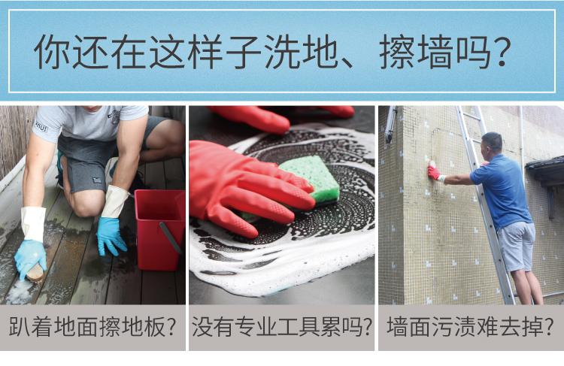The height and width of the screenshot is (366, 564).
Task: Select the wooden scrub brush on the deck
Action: (x=35, y=274)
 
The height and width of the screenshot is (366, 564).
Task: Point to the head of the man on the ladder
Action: (x=493, y=143)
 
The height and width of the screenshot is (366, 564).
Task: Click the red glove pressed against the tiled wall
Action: (x=434, y=171)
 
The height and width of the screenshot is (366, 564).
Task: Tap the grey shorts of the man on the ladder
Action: (x=517, y=247)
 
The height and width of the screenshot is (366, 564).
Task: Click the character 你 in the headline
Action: (x=52, y=52)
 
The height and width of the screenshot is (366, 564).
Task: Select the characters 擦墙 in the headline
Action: (x=416, y=52)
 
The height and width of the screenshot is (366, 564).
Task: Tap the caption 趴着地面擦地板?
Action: (x=92, y=327)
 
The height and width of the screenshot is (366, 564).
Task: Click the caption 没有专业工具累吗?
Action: (x=282, y=327)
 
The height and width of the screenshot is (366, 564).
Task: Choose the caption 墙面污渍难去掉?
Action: (x=470, y=327)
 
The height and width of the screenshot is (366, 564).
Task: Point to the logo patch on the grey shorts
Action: (x=97, y=180)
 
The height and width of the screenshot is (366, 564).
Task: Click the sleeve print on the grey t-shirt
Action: (x=41, y=126)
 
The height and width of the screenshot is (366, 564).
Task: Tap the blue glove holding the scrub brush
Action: (x=30, y=258)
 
